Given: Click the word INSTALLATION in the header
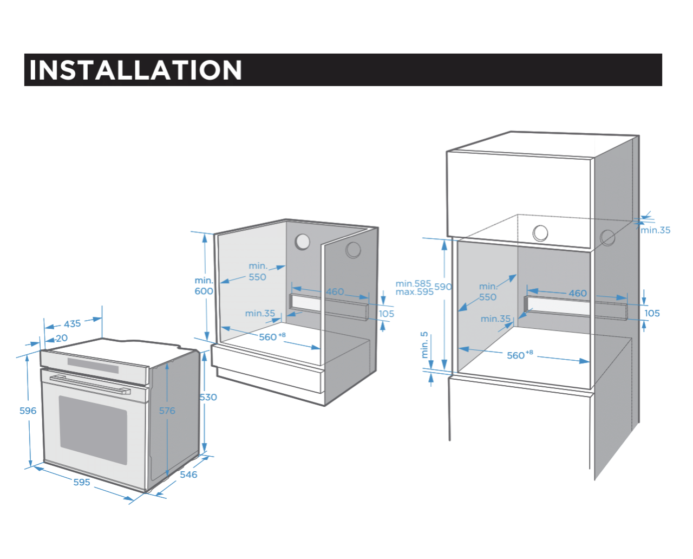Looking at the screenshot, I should coord(135,70).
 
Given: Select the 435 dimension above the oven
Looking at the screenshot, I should coord(72,324).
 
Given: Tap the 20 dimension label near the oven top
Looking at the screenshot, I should coord(62,338).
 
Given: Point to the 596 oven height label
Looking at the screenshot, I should coord(28,411).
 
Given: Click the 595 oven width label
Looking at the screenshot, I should coord(82,482).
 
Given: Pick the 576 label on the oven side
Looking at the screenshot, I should coord(167,411).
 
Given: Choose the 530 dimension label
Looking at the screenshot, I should coord(208,397).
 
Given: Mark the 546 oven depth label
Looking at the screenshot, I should coord(188,474).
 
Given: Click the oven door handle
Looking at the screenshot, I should coord(90,384).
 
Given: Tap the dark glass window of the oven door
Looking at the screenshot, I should coord(93,429).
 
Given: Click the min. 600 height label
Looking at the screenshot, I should coord(204,286).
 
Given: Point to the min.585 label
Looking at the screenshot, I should coord(413,283).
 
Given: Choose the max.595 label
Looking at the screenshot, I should coord(414,292).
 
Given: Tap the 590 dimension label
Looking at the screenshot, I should coord(443,287).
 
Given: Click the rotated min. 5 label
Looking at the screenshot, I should coord(424,344).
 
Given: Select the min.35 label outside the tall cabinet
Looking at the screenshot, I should coord(655,230).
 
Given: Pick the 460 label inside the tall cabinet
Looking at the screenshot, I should coord(578,293).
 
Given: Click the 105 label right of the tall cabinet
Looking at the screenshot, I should coord(652,313).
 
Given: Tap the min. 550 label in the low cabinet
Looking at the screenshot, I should coord(258,271).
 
